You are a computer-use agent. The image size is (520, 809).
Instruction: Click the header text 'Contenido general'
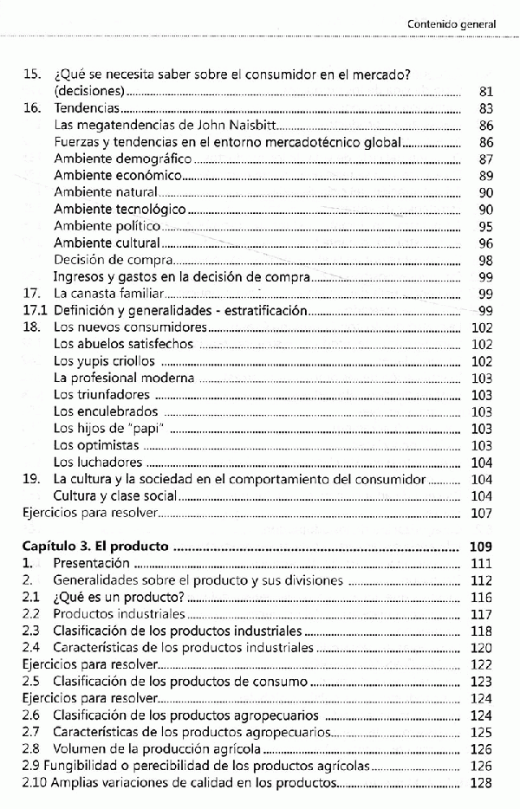pos(451,24)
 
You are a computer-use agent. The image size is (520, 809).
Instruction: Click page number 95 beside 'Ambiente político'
pos(484,227)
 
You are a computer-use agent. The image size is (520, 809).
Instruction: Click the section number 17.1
pos(33,311)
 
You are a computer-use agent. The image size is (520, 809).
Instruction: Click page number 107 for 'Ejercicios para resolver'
pos(480,513)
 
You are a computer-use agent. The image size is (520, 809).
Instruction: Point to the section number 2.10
pos(33,783)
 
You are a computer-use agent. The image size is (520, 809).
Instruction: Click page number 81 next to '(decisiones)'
pos(484,92)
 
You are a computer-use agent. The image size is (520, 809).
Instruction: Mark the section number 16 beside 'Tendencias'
pos(31,109)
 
